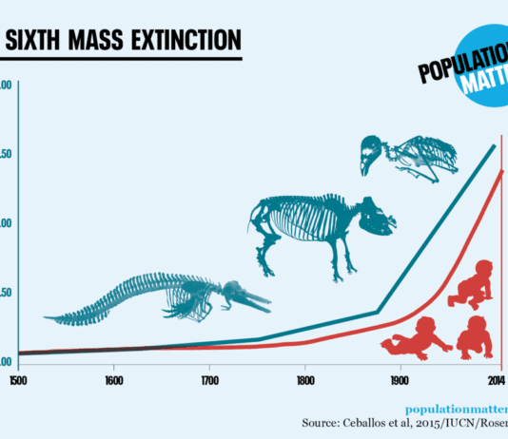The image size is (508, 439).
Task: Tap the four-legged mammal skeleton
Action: [x=319, y=228]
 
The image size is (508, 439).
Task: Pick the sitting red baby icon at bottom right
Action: [x=474, y=337]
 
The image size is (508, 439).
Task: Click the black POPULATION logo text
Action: [x=462, y=72]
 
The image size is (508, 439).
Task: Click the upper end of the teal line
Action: [x=494, y=146]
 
